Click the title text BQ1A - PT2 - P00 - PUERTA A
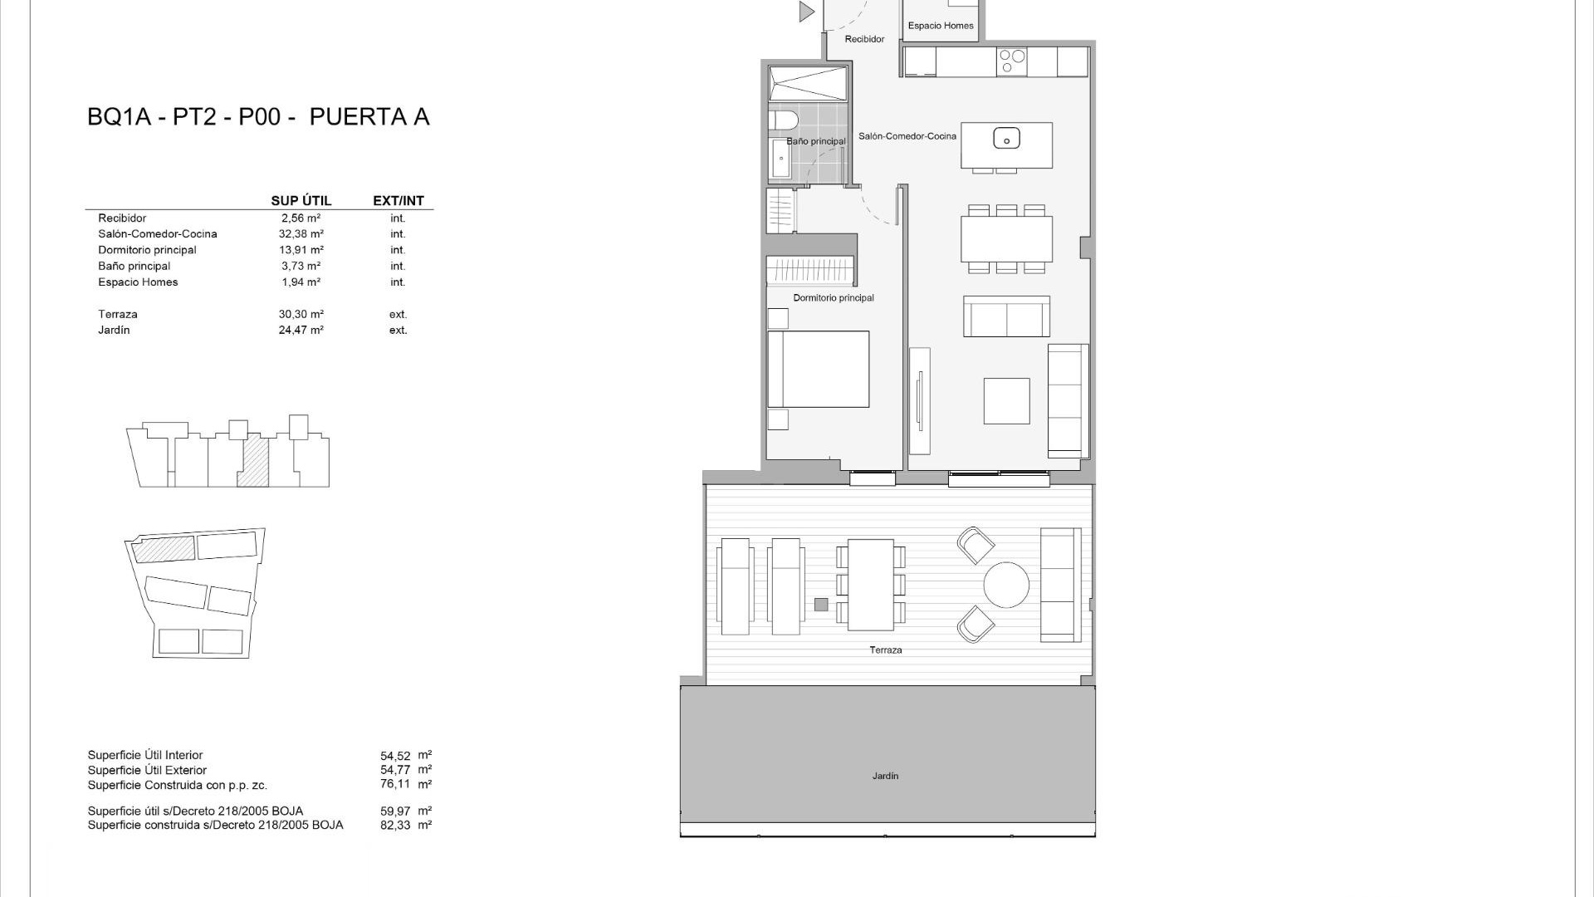point(258,117)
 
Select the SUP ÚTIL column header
point(301,201)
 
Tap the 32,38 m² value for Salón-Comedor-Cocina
point(301,234)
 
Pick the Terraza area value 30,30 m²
point(301,315)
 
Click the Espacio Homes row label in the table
point(138,282)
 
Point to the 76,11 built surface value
point(395,784)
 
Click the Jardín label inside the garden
point(885,776)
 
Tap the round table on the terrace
point(1006,585)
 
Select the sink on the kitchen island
point(1006,138)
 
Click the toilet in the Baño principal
point(783,122)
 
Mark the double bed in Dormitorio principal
point(818,370)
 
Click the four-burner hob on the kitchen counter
point(1011,61)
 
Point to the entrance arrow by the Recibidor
point(806,12)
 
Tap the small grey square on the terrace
point(821,605)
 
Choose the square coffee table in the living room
point(1006,401)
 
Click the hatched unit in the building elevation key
point(254,463)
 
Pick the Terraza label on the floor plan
point(885,649)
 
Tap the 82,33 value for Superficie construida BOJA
point(395,826)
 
